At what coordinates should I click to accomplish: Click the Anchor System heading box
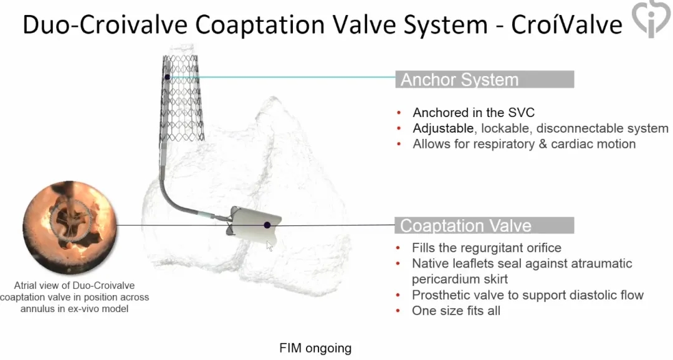pos(485,79)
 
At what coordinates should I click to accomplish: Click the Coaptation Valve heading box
pos(485,225)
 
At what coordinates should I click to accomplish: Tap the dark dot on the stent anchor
pos(168,77)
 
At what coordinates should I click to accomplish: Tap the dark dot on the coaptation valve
pos(267,225)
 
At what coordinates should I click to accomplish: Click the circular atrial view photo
pos(70,227)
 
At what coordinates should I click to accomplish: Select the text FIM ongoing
pos(315,348)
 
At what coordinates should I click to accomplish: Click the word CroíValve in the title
pos(566,24)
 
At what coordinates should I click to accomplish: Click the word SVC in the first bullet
pos(521,113)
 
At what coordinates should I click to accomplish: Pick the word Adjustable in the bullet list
pos(443,128)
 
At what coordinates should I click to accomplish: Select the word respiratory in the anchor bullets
pos(500,144)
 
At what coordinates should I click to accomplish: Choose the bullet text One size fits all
pos(456,311)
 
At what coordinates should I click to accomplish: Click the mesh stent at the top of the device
pos(183,98)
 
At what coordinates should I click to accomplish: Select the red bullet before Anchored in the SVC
pos(399,113)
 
